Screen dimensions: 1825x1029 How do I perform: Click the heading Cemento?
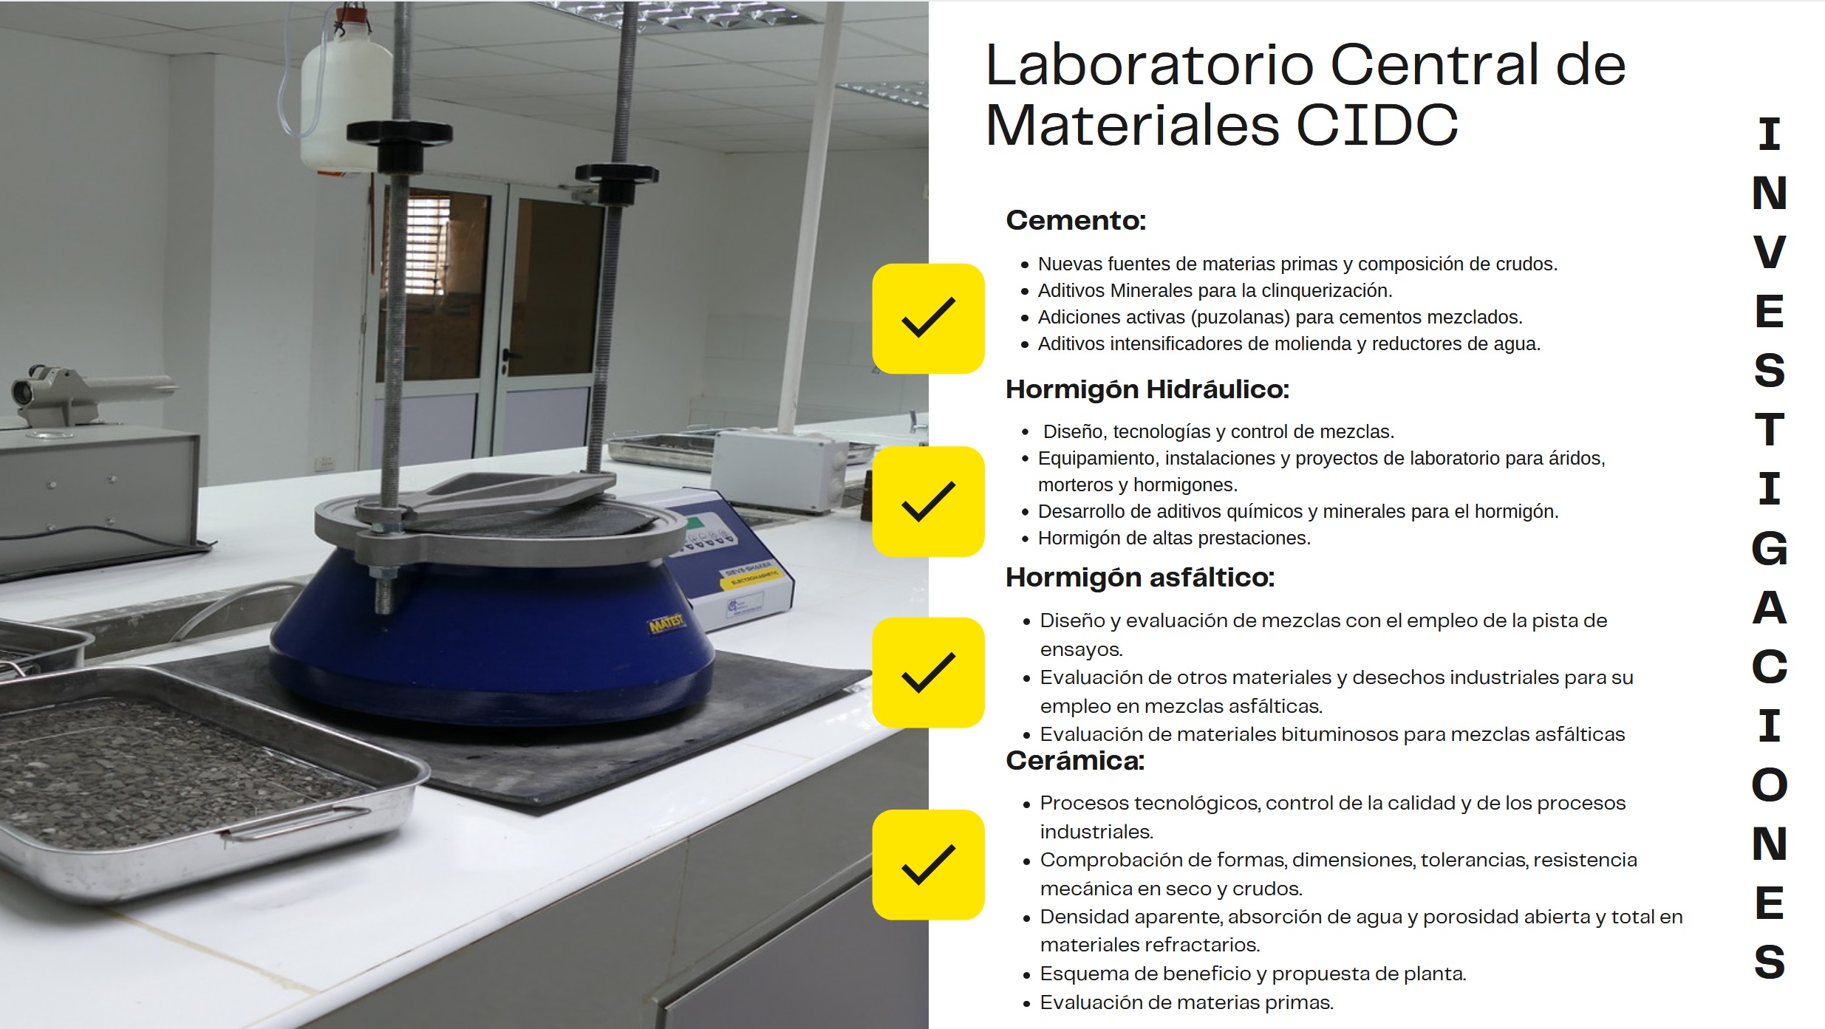coord(1076,220)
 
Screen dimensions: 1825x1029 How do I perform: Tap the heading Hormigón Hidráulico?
coord(1147,389)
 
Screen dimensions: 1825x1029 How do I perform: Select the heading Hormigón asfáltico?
coord(1140,578)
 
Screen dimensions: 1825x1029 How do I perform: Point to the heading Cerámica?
coord(1075,761)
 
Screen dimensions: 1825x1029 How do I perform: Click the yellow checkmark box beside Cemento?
coord(928,318)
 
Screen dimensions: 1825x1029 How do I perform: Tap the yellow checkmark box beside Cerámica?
coord(928,864)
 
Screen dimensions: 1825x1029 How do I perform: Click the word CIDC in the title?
coord(1377,125)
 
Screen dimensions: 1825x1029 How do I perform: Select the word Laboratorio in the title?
coord(1149,65)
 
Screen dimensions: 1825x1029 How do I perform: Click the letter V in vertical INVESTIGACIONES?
coord(1770,252)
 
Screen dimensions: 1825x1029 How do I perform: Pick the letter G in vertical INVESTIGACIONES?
coord(1770,548)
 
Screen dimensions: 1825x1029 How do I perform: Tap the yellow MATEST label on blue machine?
coord(666,624)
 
